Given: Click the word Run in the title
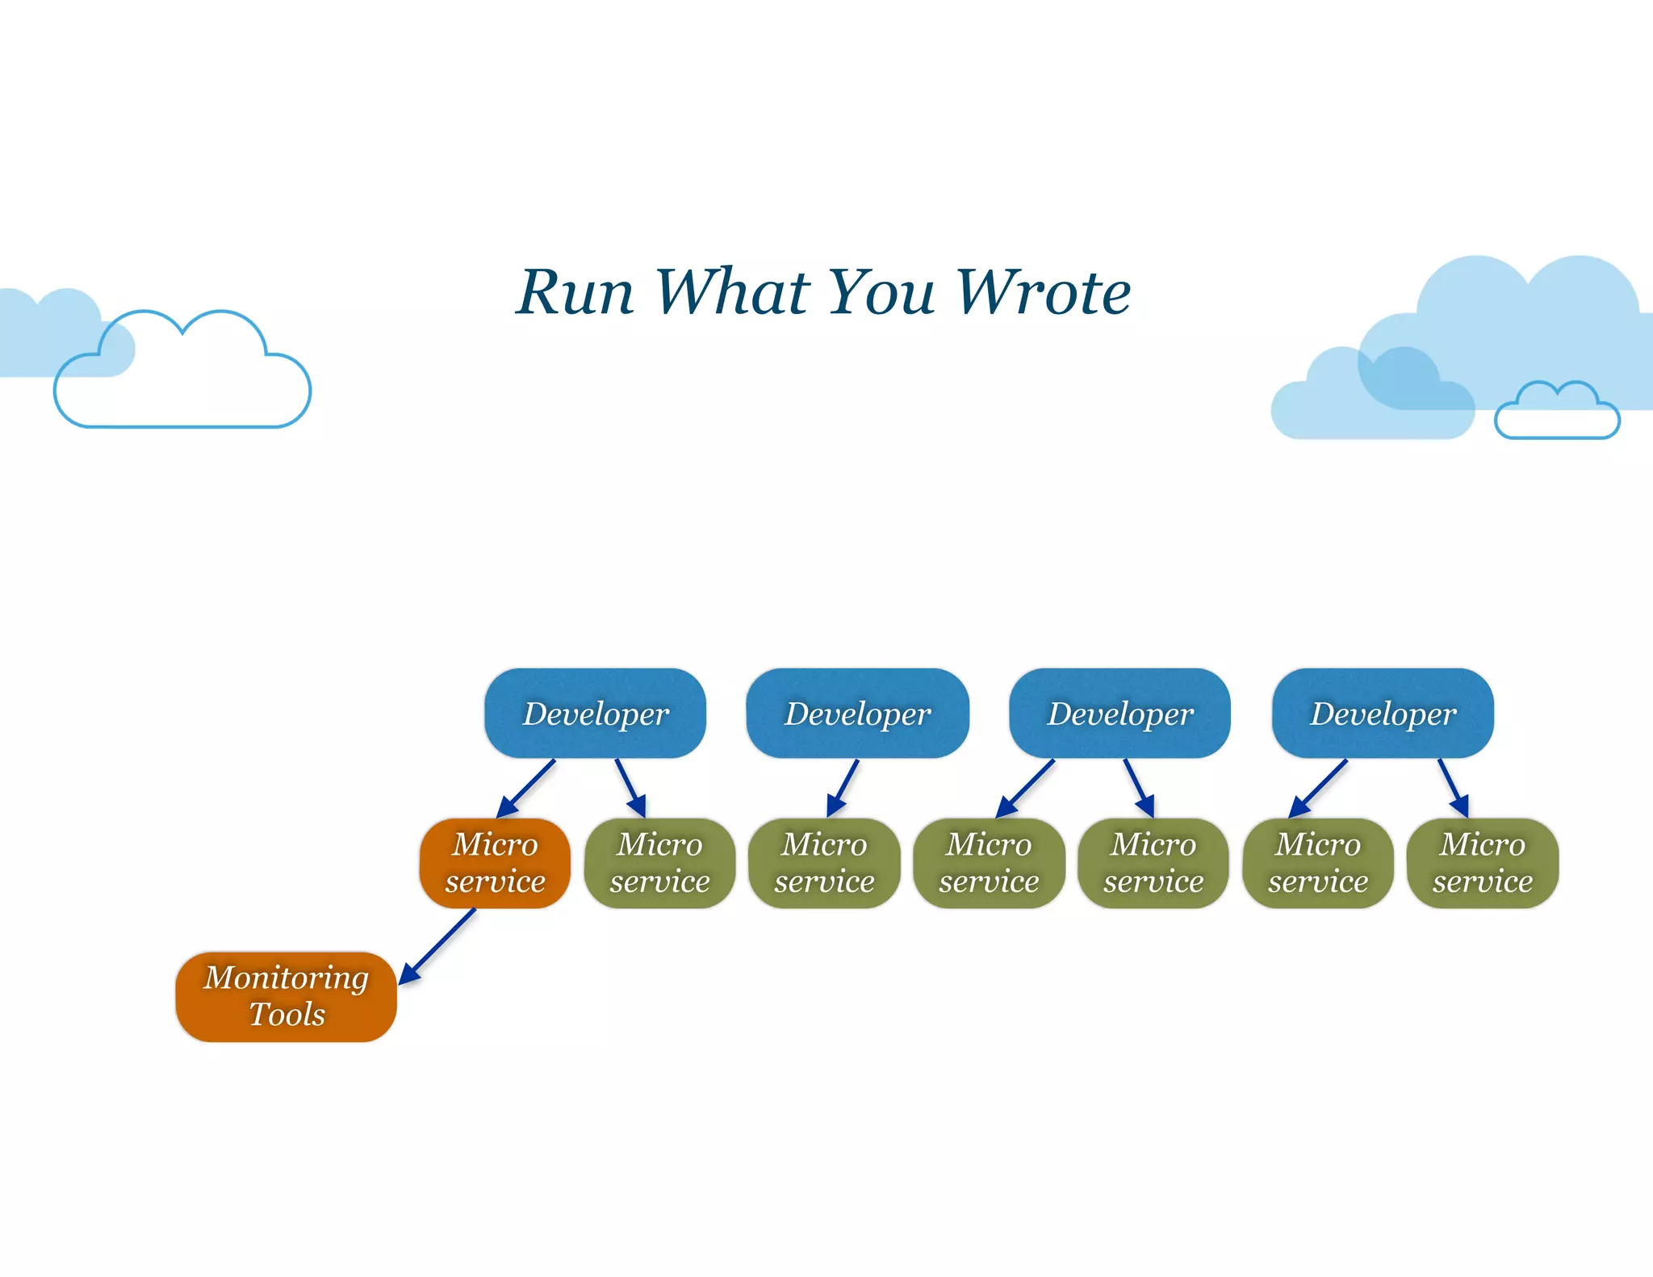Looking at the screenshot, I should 575,292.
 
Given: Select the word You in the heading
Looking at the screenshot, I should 881,292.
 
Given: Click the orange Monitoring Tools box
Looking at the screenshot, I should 286,996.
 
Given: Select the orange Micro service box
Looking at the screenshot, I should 495,863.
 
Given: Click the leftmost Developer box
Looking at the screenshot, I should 595,714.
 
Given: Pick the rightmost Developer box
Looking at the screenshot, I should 1383,714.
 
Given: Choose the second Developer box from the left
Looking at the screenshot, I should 857,714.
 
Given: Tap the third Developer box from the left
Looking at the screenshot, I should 1119,714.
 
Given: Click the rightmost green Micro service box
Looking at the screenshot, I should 1482,863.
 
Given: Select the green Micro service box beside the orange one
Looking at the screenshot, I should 659,863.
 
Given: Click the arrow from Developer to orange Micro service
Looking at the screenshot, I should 525,789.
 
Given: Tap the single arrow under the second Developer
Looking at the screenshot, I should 843,788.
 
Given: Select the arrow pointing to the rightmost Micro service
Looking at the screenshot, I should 1453,788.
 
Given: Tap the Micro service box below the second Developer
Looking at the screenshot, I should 824,863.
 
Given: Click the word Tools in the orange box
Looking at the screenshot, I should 287,1015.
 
